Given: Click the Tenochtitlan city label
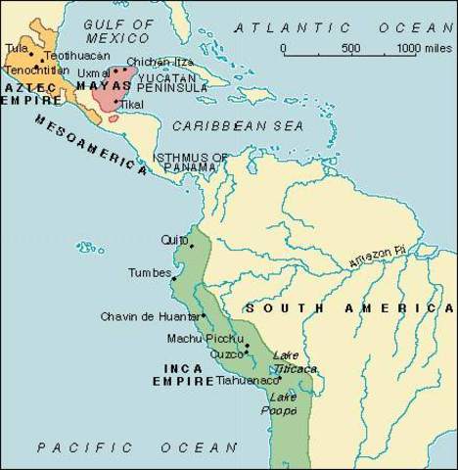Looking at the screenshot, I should pyautogui.click(x=37, y=70).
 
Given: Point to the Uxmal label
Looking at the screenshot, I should pyautogui.click(x=94, y=72).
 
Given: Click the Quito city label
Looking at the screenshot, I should pyautogui.click(x=174, y=239).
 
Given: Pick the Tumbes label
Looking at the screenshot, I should pyautogui.click(x=149, y=273).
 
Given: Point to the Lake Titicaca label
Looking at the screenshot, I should pyautogui.click(x=294, y=361).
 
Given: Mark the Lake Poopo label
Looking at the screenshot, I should pyautogui.click(x=283, y=403).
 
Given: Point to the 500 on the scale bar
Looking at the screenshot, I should pyautogui.click(x=349, y=48).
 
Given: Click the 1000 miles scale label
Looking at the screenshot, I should pyautogui.click(x=422, y=48).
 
